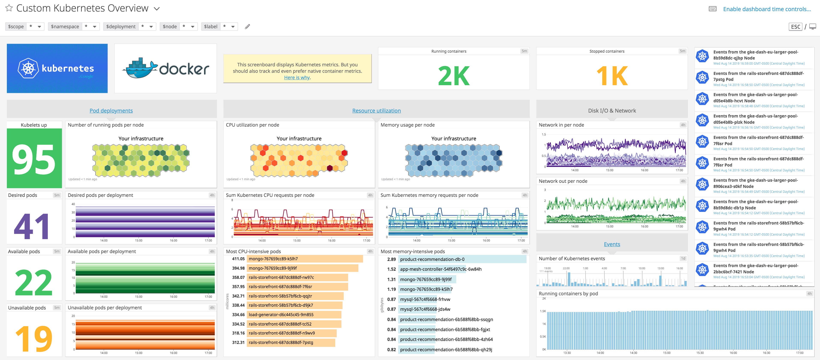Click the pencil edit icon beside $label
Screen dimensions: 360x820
tap(247, 26)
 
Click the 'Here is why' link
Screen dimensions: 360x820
tap(297, 77)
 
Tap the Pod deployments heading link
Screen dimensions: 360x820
tap(111, 110)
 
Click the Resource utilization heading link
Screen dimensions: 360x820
tap(376, 110)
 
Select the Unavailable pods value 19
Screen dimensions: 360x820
tap(34, 338)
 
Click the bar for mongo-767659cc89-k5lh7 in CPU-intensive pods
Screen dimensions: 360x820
tap(305, 259)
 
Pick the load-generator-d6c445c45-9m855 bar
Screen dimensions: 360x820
tap(294, 314)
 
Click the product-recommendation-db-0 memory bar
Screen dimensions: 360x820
tap(462, 259)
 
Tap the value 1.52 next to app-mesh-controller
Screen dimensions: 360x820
tap(391, 269)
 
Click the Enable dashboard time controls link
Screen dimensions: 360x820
tap(766, 9)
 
